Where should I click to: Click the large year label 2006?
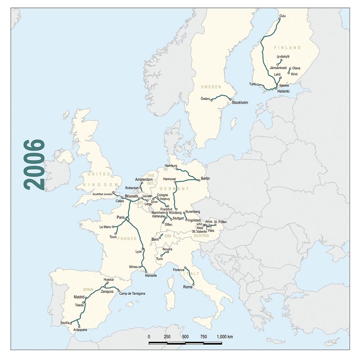pyautogui.click(x=34, y=164)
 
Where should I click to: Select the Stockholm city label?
pyautogui.click(x=240, y=103)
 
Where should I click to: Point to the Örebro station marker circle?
pyautogui.click(x=211, y=100)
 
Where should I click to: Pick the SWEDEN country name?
pyautogui.click(x=211, y=86)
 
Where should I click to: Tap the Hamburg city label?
pyautogui.click(x=171, y=166)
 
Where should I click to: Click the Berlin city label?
pyautogui.click(x=206, y=178)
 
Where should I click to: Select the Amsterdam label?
pyautogui.click(x=144, y=180)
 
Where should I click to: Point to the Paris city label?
pyautogui.click(x=121, y=217)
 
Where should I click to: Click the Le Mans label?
pyautogui.click(x=105, y=227)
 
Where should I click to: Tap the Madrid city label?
pyautogui.click(x=79, y=297)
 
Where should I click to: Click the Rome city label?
pyautogui.click(x=188, y=287)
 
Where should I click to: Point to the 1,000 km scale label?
pyautogui.click(x=224, y=337)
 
